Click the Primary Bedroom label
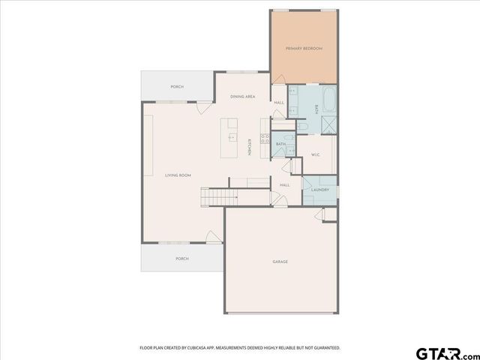[x=304, y=49]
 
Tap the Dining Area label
[x=243, y=97]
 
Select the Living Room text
[x=178, y=175]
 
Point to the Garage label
[x=280, y=261]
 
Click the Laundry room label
[x=320, y=189]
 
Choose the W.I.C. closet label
[x=316, y=155]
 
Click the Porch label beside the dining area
[x=177, y=87]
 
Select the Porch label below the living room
[x=181, y=258]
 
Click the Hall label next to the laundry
[x=285, y=184]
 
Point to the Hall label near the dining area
[x=278, y=103]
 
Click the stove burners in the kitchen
[x=265, y=137]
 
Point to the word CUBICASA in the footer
[x=199, y=347]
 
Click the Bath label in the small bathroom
[x=280, y=143]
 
